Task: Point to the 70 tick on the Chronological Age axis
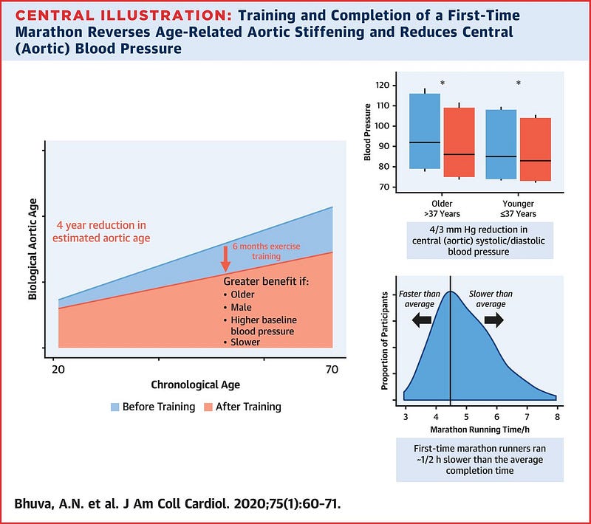click(x=332, y=369)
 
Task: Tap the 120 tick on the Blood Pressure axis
click(x=386, y=85)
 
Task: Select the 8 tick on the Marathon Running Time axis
click(x=556, y=417)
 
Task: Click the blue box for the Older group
click(x=424, y=131)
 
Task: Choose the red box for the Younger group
click(x=536, y=150)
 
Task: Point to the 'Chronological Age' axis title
click(x=195, y=385)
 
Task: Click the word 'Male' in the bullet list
click(x=240, y=307)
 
